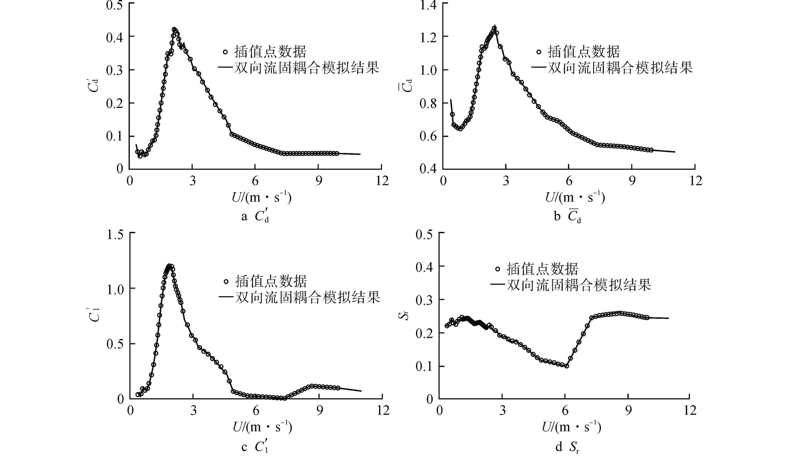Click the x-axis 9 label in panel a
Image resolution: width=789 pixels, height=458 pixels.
click(319, 181)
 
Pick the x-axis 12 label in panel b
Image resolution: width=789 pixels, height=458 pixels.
click(695, 181)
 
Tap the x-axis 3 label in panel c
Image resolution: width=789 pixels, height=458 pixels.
click(193, 410)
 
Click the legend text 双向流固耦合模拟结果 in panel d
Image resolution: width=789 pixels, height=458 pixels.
click(579, 285)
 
